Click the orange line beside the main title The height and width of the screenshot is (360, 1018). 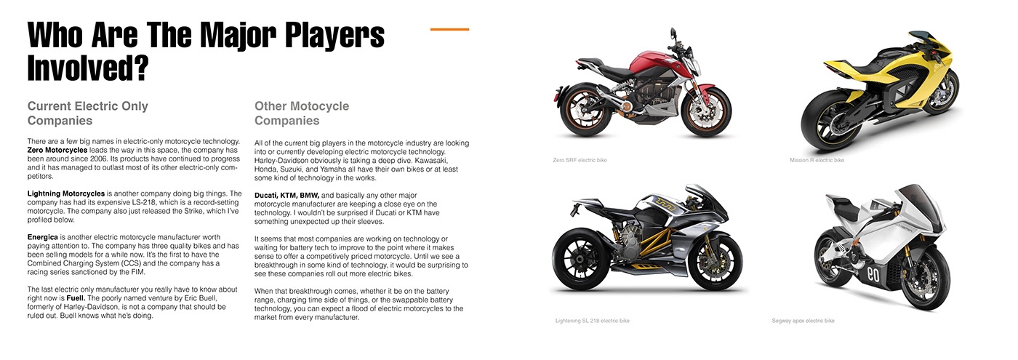pyautogui.click(x=449, y=30)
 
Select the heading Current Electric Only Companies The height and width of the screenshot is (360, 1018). pyautogui.click(x=87, y=113)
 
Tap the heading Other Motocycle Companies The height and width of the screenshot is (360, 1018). pyautogui.click(x=302, y=113)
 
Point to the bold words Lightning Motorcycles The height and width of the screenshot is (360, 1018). pyautogui.click(x=66, y=193)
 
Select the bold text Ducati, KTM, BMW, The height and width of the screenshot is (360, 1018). pyautogui.click(x=287, y=195)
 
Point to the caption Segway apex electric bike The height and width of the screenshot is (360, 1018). pyautogui.click(x=803, y=320)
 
